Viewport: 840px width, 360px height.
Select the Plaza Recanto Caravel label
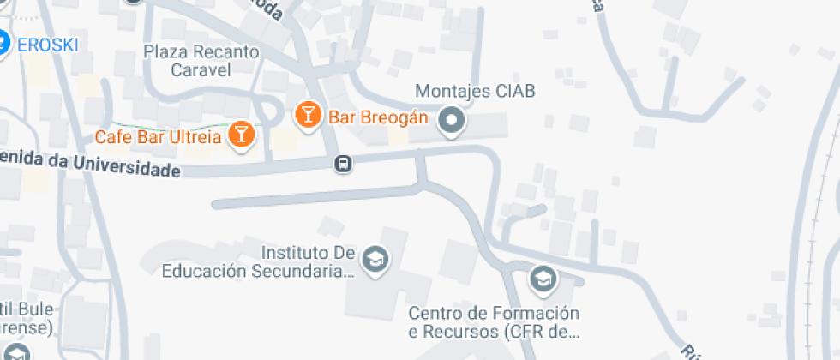click(x=201, y=61)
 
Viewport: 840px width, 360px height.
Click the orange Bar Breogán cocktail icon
click(x=308, y=114)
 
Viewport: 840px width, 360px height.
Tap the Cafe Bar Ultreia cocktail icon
click(x=243, y=135)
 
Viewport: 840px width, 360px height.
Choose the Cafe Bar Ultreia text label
click(x=159, y=136)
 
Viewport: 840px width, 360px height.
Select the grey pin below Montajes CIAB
click(x=451, y=122)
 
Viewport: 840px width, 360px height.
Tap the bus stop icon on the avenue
click(x=343, y=163)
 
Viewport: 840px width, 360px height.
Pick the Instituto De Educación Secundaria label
click(x=258, y=261)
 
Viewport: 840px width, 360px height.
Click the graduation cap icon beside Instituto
click(x=375, y=259)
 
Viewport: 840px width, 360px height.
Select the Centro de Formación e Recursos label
click(x=494, y=321)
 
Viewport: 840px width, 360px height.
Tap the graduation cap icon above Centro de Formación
click(x=542, y=279)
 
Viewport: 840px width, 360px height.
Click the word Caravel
click(x=201, y=70)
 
